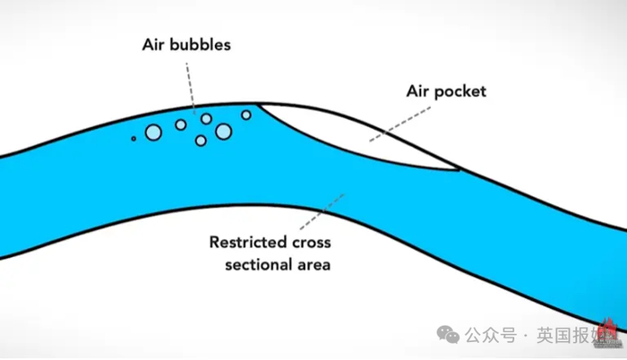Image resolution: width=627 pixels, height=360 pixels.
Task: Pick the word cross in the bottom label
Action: pos(308,241)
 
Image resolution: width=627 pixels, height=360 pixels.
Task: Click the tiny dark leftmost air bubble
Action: pos(133,138)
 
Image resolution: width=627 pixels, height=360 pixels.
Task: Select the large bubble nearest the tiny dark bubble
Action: pos(152,133)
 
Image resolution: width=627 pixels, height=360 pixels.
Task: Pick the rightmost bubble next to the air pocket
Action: pos(246,115)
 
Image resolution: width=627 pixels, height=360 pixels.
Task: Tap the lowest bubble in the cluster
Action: pos(201,141)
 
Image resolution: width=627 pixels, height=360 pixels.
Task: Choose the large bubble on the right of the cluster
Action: pos(223,132)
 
